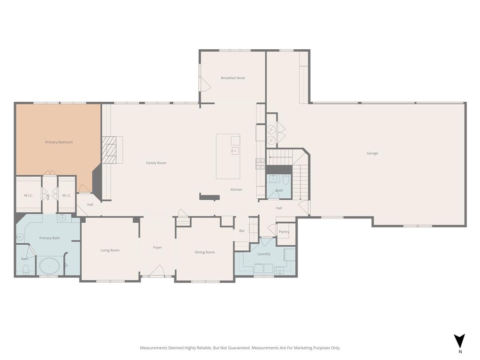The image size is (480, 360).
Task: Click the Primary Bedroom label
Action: pyautogui.click(x=59, y=142)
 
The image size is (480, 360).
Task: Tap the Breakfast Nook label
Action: pyautogui.click(x=233, y=78)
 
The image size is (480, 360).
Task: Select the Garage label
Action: pyautogui.click(x=372, y=153)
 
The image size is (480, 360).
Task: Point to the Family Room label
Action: pyautogui.click(x=156, y=163)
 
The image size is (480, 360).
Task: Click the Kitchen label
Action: pyautogui.click(x=236, y=189)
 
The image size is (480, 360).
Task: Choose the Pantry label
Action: pyautogui.click(x=284, y=232)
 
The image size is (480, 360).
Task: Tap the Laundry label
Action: pyautogui.click(x=264, y=254)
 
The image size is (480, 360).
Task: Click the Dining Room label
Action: pyautogui.click(x=205, y=252)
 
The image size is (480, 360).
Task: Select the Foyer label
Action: pyautogui.click(x=157, y=247)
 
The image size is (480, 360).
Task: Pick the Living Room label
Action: pyautogui.click(x=110, y=250)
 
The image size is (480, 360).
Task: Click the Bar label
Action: pyautogui.click(x=242, y=231)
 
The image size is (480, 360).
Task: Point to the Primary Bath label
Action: pyautogui.click(x=49, y=238)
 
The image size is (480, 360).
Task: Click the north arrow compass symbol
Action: pyautogui.click(x=459, y=341)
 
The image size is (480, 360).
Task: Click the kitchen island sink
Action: pyautogui.click(x=235, y=150)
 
